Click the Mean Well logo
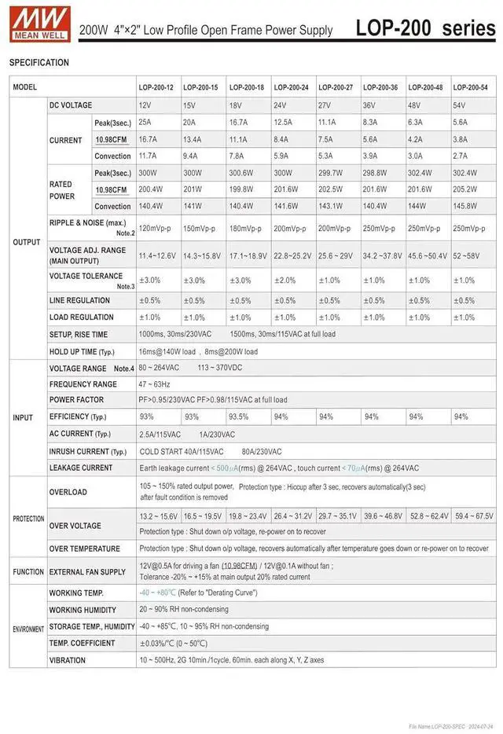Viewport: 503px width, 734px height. pyautogui.click(x=40, y=23)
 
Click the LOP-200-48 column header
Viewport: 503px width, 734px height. pyautogui.click(x=425, y=87)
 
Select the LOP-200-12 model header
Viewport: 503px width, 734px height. pyautogui.click(x=156, y=87)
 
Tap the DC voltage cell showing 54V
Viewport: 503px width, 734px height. pyautogui.click(x=460, y=105)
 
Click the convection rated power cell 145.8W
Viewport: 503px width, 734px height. pyautogui.click(x=465, y=206)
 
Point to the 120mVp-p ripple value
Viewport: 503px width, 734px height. pyautogui.click(x=156, y=229)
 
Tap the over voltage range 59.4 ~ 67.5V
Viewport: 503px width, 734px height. pyautogui.click(x=474, y=516)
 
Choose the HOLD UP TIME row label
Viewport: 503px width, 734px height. pyautogui.click(x=82, y=352)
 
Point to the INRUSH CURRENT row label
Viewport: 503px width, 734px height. pyautogui.click(x=88, y=452)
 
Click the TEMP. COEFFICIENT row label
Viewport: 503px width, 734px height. pyautogui.click(x=83, y=644)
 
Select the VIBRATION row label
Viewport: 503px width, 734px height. pyautogui.click(x=68, y=661)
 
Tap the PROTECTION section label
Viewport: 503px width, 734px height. pyautogui.click(x=28, y=519)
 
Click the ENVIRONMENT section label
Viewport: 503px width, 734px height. pyautogui.click(x=28, y=629)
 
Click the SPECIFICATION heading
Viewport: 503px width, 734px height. pyautogui.click(x=39, y=63)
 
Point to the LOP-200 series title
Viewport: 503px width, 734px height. pyautogui.click(x=425, y=28)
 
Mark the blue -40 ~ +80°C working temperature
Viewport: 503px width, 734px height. pyautogui.click(x=157, y=593)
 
